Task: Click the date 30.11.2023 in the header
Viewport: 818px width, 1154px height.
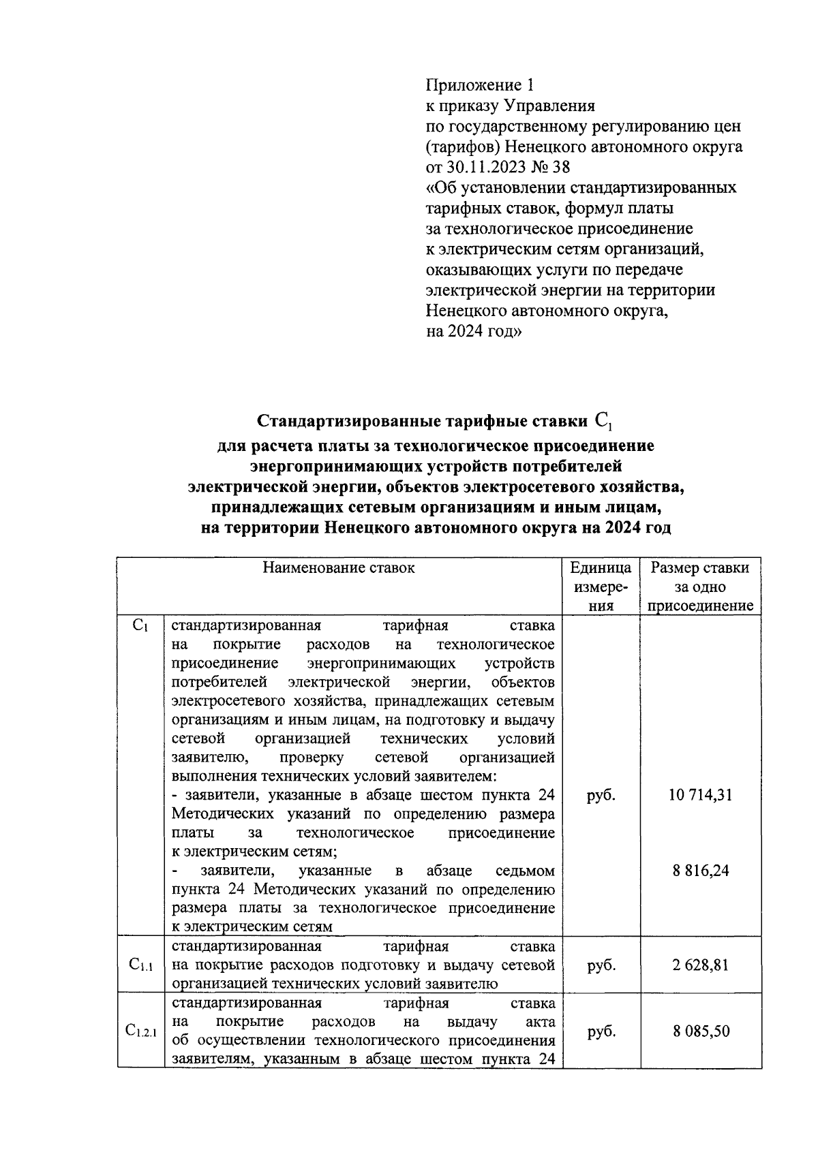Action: [x=485, y=167]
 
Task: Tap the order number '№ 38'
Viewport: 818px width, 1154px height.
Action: [x=553, y=167]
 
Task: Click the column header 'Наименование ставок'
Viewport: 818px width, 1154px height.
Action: [x=339, y=567]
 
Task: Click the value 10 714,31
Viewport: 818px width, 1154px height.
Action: [x=700, y=795]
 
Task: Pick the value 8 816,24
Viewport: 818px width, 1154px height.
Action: [x=700, y=871]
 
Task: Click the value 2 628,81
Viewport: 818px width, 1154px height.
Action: [x=700, y=965]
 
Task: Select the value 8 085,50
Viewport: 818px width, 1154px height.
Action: [x=700, y=1031]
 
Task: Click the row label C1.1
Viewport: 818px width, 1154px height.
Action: [x=140, y=965]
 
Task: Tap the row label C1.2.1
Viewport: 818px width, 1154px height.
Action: [x=140, y=1032]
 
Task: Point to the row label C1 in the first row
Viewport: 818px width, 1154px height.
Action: [x=140, y=625]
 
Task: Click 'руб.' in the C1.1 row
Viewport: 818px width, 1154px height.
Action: [x=601, y=965]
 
